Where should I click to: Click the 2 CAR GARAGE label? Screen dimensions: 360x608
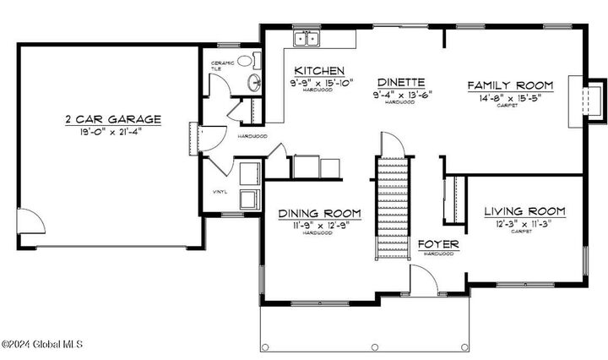click(x=112, y=119)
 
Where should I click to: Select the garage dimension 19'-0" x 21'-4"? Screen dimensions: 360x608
click(x=112, y=132)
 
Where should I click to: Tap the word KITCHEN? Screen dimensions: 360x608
click(x=319, y=70)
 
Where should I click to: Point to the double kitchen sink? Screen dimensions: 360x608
click(x=306, y=38)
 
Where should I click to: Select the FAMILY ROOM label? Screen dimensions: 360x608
click(x=510, y=85)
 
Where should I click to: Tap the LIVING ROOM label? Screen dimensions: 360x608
click(x=524, y=210)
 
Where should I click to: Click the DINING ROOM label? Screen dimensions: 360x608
click(x=320, y=213)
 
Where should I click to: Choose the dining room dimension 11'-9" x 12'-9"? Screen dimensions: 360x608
click(x=320, y=225)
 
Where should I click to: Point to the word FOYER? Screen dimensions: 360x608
click(x=439, y=244)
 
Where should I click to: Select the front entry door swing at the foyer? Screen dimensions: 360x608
click(x=422, y=279)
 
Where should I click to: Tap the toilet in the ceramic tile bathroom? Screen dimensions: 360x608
click(x=245, y=61)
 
